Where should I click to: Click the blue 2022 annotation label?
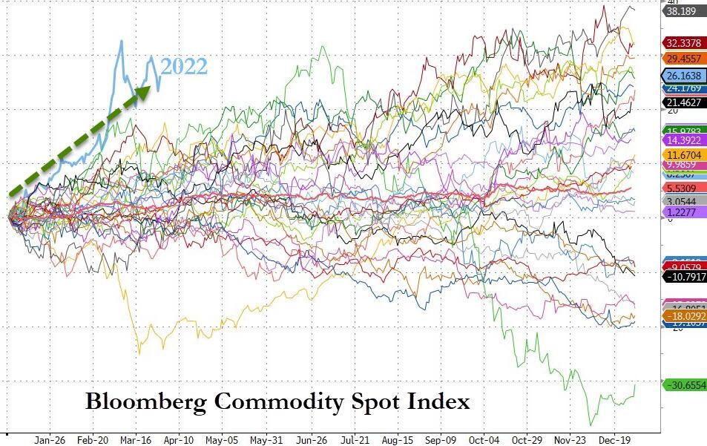(x=184, y=66)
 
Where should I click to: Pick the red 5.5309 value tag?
(x=680, y=189)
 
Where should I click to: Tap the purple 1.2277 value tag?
(x=680, y=211)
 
